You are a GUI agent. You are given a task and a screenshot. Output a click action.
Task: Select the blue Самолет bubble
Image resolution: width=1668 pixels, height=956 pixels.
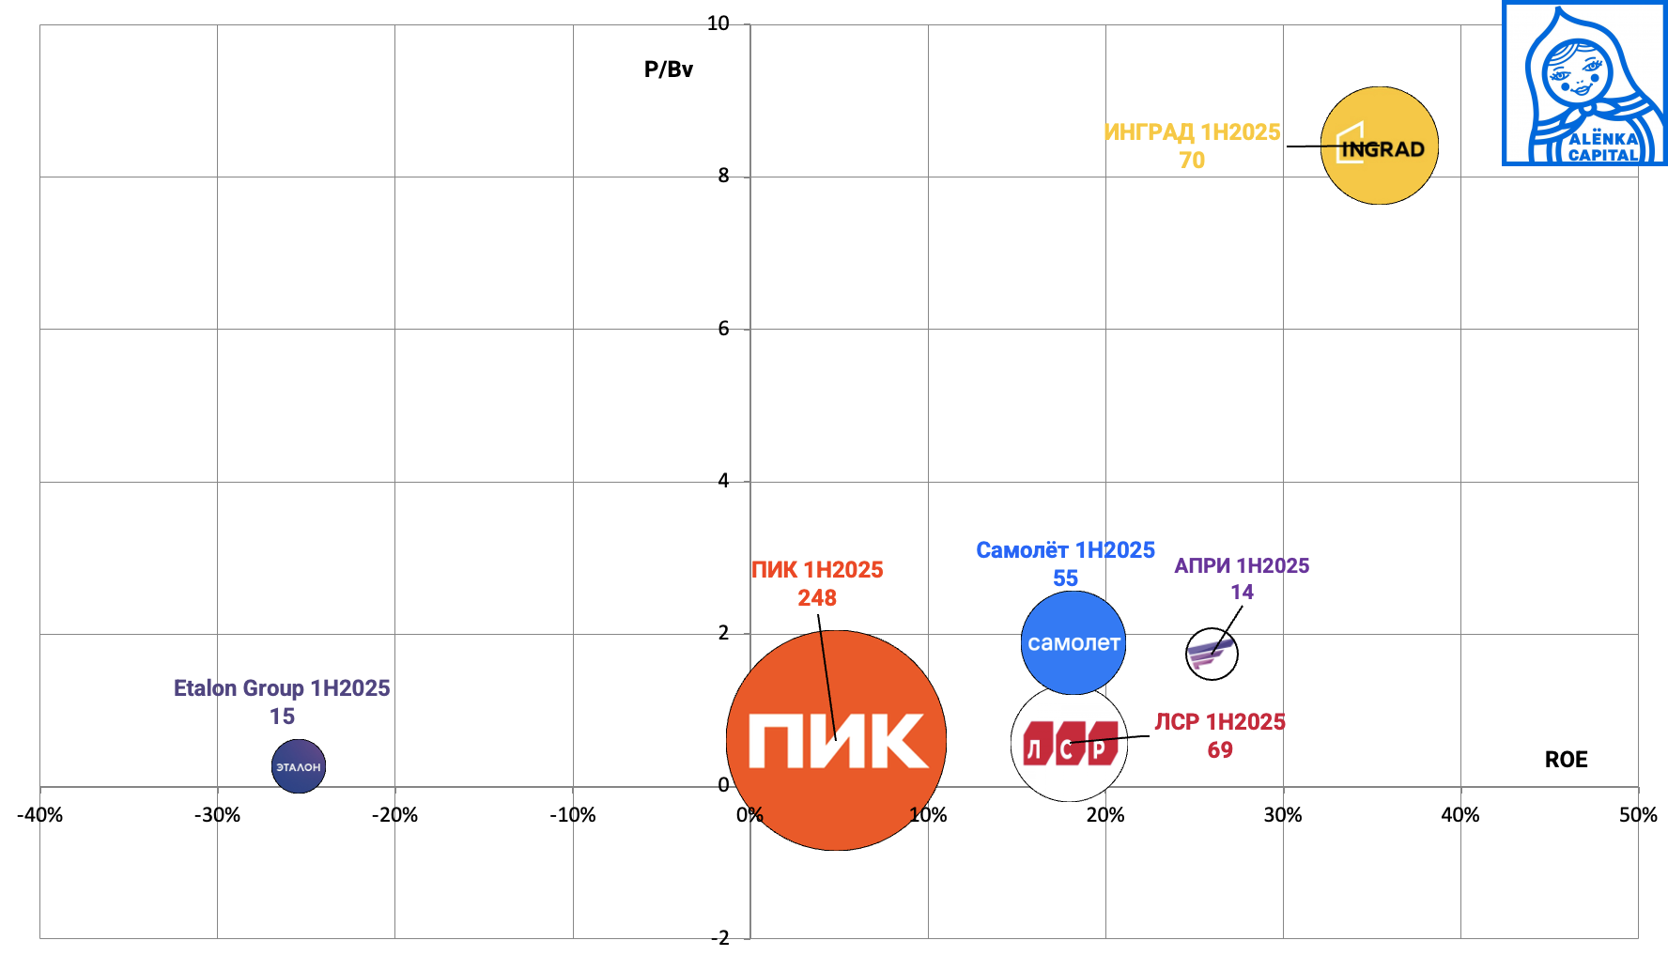tap(1073, 643)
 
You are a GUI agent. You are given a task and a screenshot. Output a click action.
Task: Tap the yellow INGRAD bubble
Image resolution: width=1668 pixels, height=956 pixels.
tap(1379, 146)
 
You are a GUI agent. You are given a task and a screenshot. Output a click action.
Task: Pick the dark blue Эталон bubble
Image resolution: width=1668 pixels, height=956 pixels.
tap(299, 766)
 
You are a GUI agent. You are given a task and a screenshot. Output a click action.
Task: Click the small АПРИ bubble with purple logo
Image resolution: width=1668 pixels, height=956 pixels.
tap(1212, 654)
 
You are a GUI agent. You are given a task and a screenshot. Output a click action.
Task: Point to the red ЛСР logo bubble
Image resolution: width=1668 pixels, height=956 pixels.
tap(1069, 744)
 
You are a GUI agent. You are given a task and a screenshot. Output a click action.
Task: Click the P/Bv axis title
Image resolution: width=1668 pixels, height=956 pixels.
tap(669, 69)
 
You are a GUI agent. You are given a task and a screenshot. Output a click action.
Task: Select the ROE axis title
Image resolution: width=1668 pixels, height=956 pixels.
tap(1566, 760)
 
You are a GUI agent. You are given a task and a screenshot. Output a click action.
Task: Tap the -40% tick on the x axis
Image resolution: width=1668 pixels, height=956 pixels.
tap(40, 815)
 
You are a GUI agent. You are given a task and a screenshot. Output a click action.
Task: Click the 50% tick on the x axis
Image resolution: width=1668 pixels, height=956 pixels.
tap(1637, 815)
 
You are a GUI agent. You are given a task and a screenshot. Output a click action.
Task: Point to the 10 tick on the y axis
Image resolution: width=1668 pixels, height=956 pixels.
tap(718, 23)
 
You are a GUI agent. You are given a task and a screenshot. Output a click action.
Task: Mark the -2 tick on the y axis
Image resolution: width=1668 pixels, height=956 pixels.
tap(719, 937)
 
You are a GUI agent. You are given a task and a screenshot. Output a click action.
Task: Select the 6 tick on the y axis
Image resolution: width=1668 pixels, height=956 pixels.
tap(723, 329)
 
